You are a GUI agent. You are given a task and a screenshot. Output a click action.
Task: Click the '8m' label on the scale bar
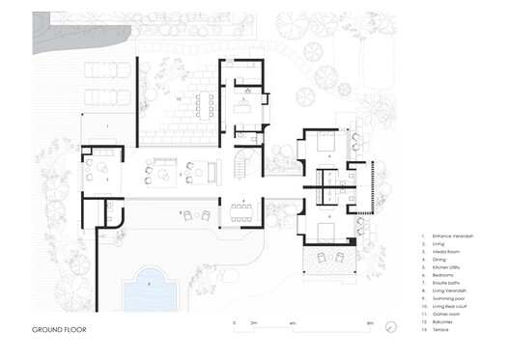pos(369,321)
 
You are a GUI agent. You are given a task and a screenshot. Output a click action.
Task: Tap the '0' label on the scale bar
pos(234,321)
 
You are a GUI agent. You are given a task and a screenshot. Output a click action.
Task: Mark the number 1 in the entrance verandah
pos(106,127)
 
